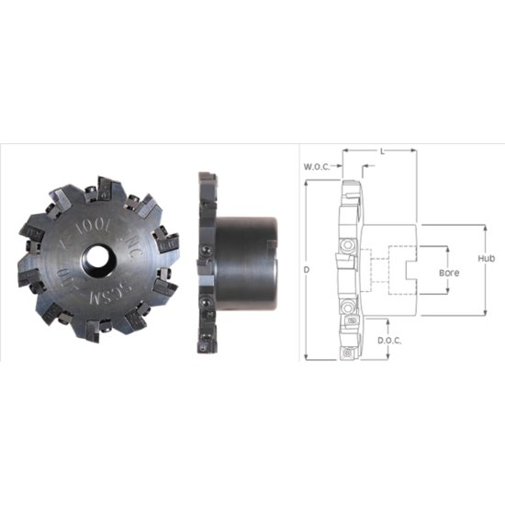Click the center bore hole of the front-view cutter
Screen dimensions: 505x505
point(96,260)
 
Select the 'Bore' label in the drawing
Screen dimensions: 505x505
point(448,273)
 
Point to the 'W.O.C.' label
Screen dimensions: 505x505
point(317,167)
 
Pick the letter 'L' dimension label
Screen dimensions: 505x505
point(381,150)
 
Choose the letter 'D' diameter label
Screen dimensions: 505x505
point(307,269)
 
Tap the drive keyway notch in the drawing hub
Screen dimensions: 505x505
point(410,270)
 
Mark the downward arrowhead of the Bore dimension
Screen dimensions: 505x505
point(448,292)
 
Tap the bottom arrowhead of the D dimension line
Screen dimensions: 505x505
point(307,359)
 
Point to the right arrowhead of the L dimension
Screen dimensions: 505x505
point(414,150)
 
